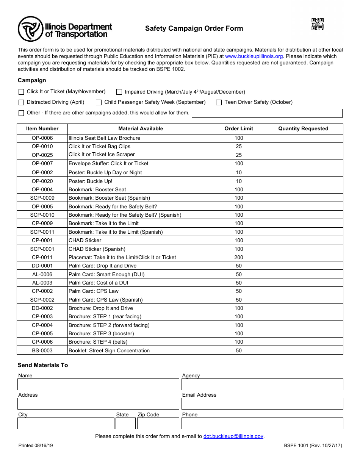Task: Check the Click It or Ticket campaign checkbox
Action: (21, 92)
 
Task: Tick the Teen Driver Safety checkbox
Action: (219, 102)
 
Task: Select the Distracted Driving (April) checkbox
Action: (21, 102)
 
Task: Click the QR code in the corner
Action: (318, 24)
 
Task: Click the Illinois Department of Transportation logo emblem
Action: (31, 29)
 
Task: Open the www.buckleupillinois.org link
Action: (254, 56)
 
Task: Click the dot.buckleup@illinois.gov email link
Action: (233, 436)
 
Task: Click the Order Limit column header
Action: (239, 128)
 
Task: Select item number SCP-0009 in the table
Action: (42, 198)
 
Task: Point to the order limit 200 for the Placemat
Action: (239, 257)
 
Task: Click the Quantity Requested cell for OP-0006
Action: (303, 138)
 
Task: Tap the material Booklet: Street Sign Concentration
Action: (109, 350)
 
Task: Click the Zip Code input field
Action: (158, 423)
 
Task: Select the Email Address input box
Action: (262, 403)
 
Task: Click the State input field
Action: (125, 423)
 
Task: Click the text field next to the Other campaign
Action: (267, 113)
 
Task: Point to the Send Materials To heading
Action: (43, 365)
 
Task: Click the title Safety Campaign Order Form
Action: (194, 28)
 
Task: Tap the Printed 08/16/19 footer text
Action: (36, 446)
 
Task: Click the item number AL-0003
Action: (42, 283)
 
